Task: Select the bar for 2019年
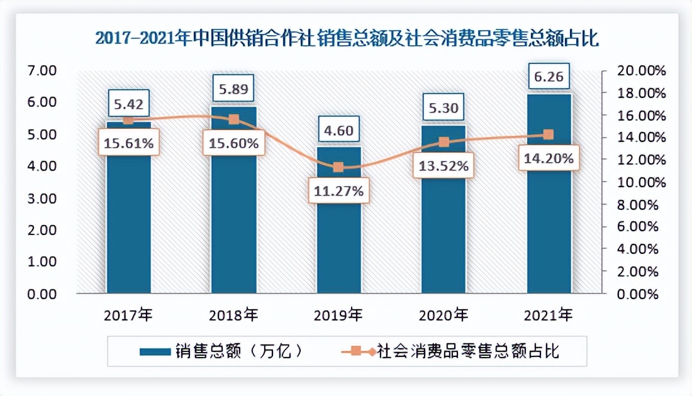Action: pyautogui.click(x=339, y=245)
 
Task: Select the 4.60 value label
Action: pyautogui.click(x=338, y=131)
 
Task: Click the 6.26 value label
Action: pyautogui.click(x=549, y=77)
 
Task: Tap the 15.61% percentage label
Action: pyautogui.click(x=129, y=143)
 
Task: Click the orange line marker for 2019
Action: pyautogui.click(x=338, y=167)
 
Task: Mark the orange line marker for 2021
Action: pyautogui.click(x=548, y=135)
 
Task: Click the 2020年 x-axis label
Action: pyautogui.click(x=444, y=314)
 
